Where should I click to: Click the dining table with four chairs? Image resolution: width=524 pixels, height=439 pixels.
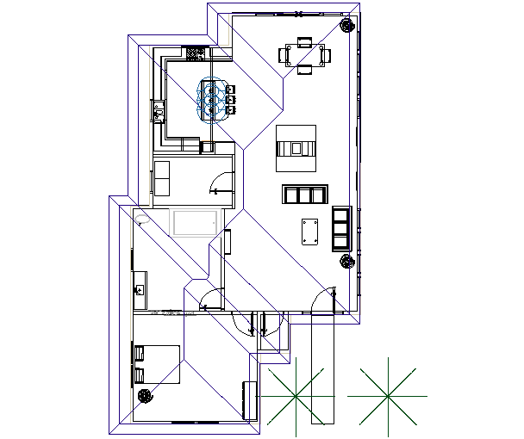(304, 55)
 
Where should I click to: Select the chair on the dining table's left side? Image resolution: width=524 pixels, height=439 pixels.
(284, 55)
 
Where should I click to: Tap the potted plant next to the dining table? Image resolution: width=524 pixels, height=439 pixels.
(346, 25)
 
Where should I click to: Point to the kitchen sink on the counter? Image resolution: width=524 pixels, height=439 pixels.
(159, 109)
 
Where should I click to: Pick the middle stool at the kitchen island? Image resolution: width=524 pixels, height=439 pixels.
(230, 100)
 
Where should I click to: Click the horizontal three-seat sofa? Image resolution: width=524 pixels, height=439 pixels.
(305, 194)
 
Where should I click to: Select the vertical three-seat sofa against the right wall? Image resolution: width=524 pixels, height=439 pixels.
(341, 228)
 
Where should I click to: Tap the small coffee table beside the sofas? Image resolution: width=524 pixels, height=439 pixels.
(310, 232)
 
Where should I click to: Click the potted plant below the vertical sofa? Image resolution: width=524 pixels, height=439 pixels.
(346, 261)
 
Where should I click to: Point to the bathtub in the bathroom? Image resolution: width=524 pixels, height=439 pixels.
(196, 223)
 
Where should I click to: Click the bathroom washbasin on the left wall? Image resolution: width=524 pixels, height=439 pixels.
(140, 283)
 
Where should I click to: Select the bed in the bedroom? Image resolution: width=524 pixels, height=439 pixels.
(157, 363)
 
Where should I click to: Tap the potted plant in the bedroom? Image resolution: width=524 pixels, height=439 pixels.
(145, 395)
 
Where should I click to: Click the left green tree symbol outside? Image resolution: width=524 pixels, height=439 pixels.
(296, 395)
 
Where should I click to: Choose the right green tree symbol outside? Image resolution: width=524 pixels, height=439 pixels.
(388, 395)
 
